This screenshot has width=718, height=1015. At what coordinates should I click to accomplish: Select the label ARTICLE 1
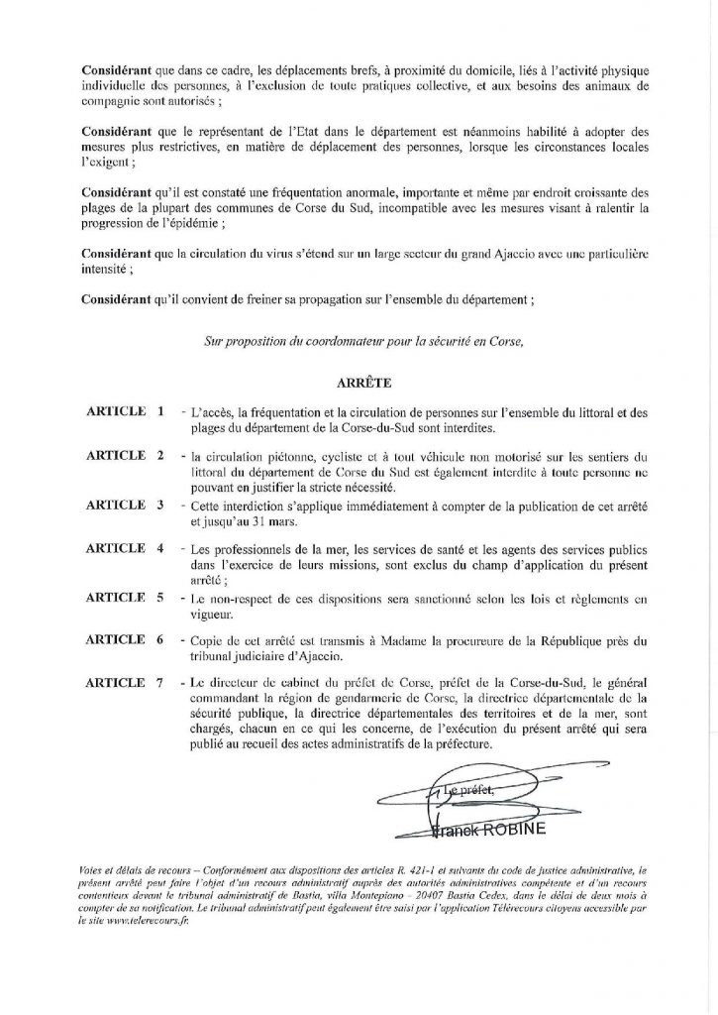[x=125, y=410]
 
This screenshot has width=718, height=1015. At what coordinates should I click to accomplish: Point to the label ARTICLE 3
[x=125, y=504]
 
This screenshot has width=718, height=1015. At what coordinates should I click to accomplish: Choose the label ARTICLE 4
[x=125, y=548]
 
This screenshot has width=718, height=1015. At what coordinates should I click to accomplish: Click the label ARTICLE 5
[x=125, y=598]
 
